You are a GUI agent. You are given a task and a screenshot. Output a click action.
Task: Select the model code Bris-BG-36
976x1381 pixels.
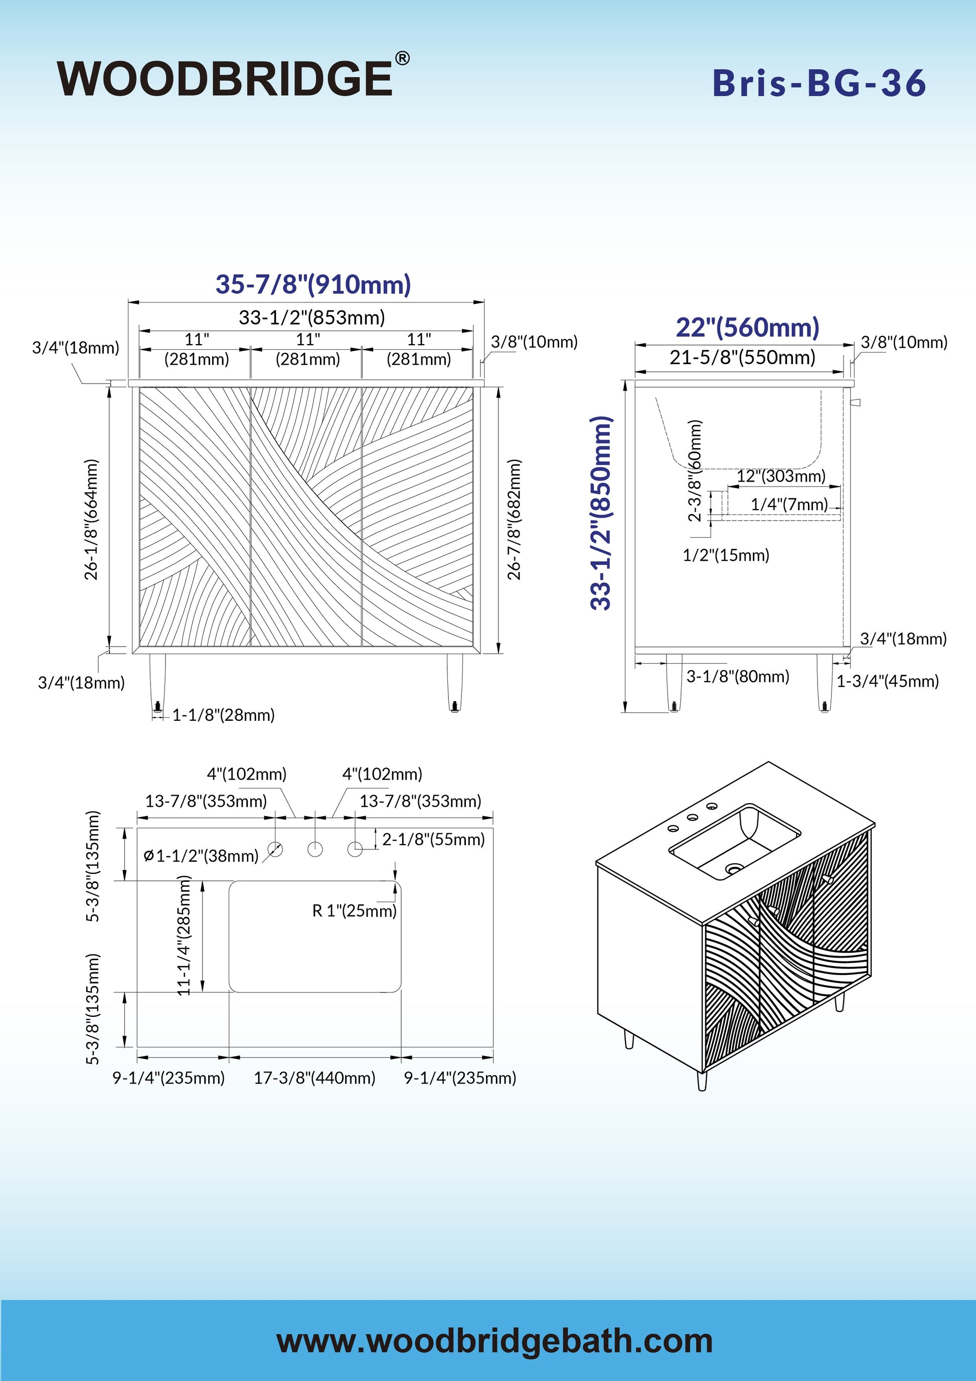(x=819, y=83)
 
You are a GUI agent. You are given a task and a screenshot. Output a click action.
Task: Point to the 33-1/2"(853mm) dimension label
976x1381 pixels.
(x=311, y=317)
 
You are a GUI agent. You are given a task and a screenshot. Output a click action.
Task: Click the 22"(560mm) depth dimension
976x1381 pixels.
(x=747, y=327)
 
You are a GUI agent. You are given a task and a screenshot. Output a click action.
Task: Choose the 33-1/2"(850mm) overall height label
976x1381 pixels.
(x=601, y=513)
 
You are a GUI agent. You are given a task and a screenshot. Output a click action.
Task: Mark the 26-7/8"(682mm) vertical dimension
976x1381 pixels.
(x=514, y=519)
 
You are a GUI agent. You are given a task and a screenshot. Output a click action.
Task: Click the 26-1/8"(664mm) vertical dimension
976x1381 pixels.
(x=91, y=519)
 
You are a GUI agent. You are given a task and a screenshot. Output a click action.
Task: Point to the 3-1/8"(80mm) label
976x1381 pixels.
(x=738, y=676)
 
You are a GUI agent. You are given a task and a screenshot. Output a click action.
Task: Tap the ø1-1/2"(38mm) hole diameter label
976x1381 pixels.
(x=202, y=855)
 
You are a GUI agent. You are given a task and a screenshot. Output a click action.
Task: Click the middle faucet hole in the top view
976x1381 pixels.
(x=315, y=849)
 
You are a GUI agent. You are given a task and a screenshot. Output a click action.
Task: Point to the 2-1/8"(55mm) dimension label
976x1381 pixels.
(x=433, y=839)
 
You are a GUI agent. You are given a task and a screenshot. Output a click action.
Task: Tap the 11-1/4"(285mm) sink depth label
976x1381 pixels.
(x=184, y=936)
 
